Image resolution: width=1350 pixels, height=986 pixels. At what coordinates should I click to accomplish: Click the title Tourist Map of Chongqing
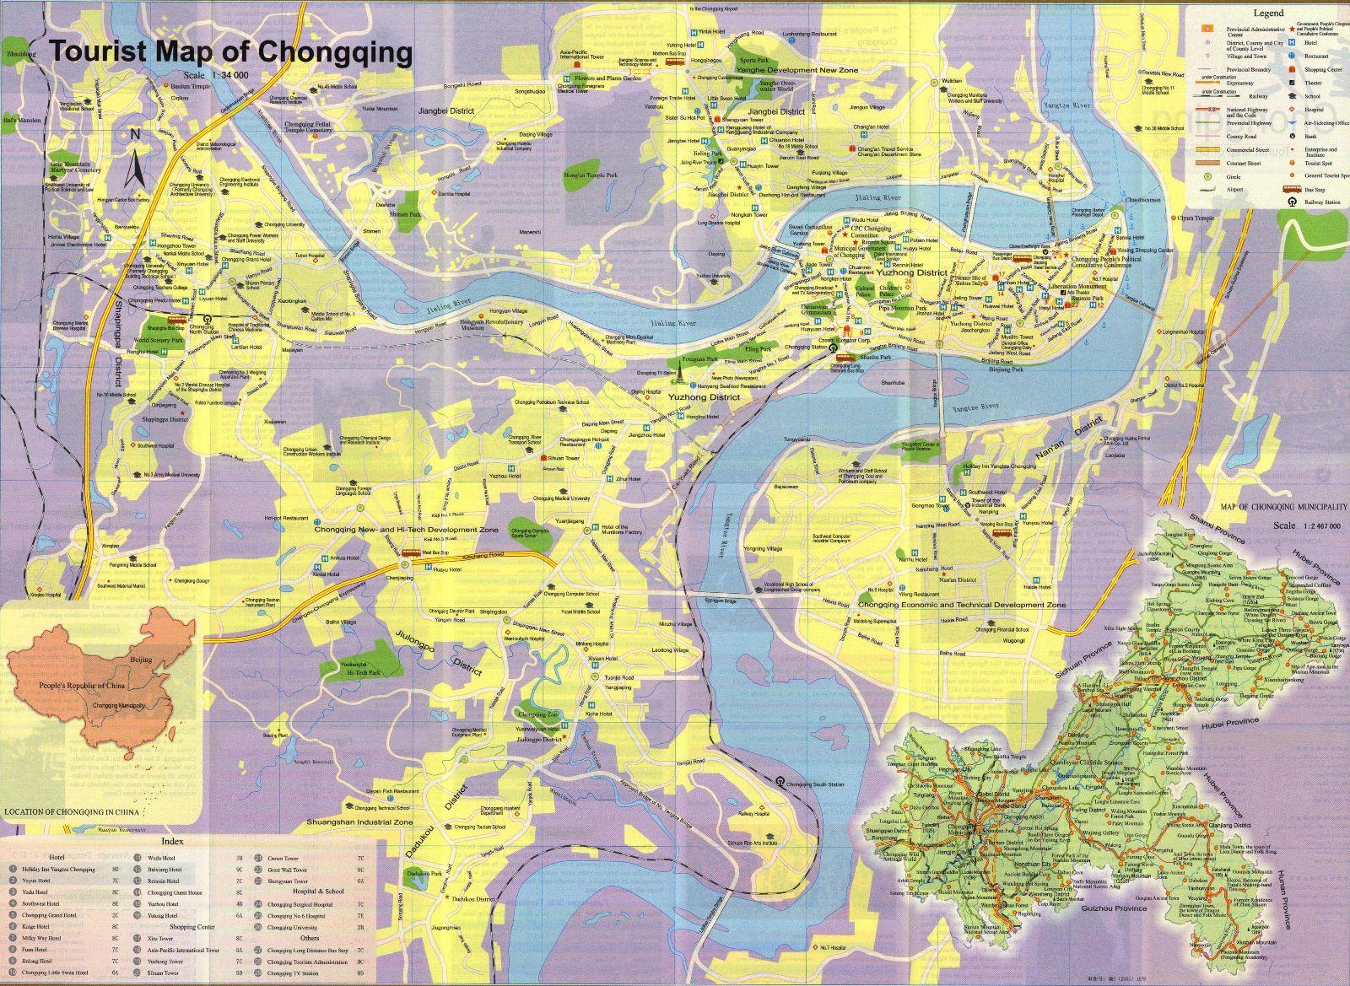click(x=231, y=52)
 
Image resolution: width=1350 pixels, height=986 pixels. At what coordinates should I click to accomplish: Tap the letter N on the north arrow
click(x=135, y=135)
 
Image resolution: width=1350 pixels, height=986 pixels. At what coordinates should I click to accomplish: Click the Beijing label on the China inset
click(x=142, y=653)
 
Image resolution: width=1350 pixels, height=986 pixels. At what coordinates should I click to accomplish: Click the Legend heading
click(x=1267, y=13)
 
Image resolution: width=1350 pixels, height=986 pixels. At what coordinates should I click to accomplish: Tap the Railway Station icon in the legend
click(x=1291, y=202)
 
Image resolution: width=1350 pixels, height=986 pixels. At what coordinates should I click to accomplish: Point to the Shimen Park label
click(x=397, y=214)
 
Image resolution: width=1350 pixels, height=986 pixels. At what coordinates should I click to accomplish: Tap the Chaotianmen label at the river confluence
click(x=1143, y=200)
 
